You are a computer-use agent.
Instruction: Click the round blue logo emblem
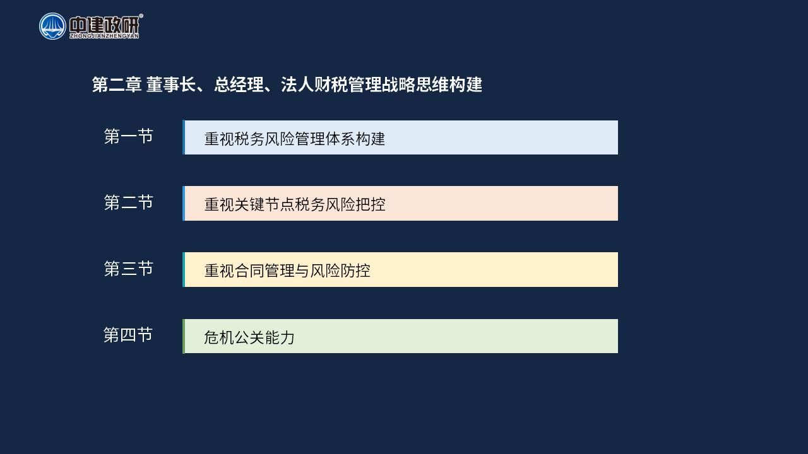(52, 26)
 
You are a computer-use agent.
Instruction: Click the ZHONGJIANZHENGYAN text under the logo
(104, 36)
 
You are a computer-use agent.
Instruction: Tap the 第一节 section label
(128, 137)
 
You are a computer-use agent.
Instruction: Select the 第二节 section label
(128, 202)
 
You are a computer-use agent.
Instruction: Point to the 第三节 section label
(128, 269)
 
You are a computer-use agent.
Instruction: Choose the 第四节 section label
(128, 335)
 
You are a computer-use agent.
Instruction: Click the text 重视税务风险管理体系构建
(295, 139)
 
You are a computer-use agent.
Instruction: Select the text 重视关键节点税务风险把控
(295, 205)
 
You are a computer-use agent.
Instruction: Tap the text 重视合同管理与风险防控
(287, 271)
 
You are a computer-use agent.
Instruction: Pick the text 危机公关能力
(249, 337)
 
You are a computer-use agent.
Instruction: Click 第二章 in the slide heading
(117, 84)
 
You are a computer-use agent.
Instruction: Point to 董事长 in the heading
(171, 84)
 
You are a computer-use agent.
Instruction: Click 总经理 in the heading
(239, 84)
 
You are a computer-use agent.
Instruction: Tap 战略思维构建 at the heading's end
(432, 84)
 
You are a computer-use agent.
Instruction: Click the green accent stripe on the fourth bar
(184, 336)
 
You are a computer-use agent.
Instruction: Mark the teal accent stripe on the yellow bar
(184, 269)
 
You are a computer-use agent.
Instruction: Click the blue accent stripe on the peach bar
(184, 203)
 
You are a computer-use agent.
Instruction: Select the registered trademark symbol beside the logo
(141, 16)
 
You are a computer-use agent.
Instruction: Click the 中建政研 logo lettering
(104, 25)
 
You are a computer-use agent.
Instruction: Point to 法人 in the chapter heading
(297, 84)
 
